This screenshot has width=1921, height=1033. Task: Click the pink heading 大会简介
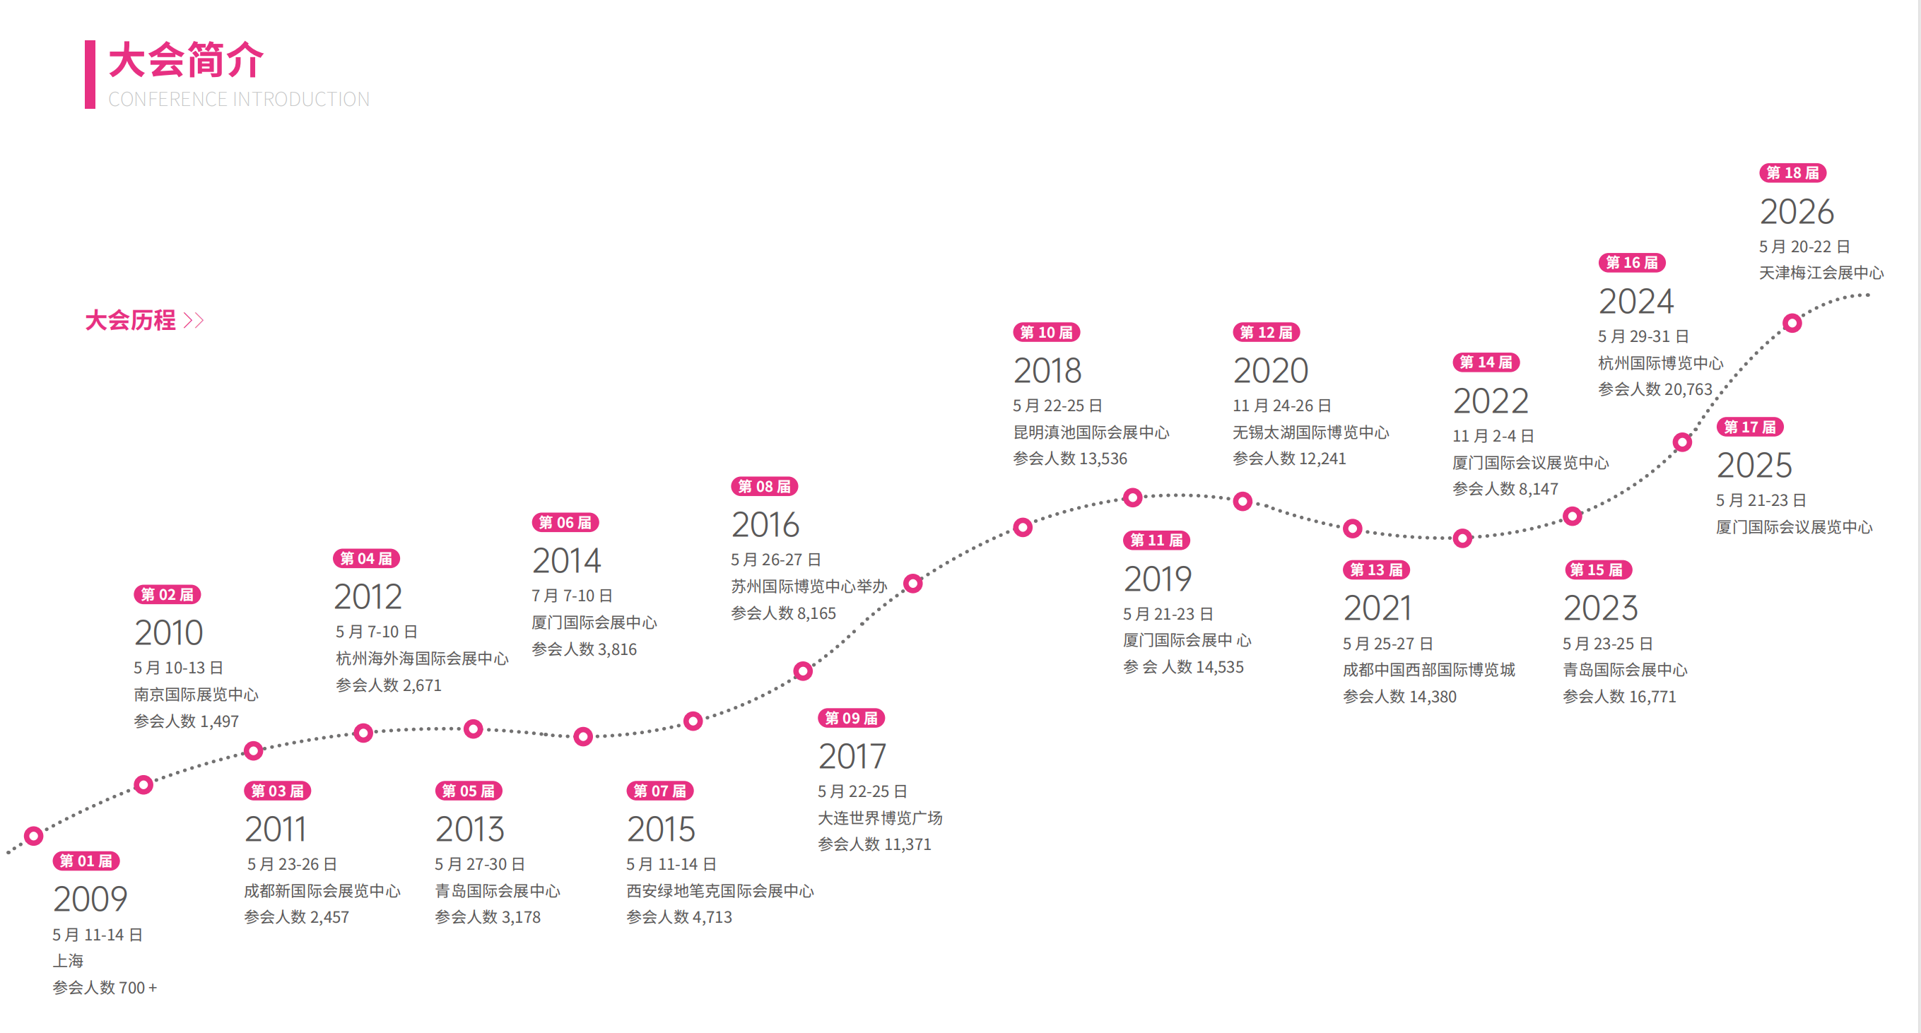point(186,59)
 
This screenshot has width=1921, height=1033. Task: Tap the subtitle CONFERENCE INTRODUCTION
point(239,99)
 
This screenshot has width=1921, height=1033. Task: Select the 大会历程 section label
point(131,321)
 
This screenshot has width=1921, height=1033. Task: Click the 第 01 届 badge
point(86,861)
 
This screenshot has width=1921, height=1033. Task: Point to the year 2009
point(90,899)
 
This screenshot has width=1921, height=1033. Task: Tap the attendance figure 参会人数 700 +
point(105,988)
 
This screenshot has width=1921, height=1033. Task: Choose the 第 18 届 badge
point(1793,173)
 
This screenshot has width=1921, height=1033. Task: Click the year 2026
point(1797,212)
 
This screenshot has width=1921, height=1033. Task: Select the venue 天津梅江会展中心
point(1821,273)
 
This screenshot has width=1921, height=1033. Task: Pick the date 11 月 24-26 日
point(1281,406)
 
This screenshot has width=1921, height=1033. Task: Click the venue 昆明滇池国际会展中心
point(1091,432)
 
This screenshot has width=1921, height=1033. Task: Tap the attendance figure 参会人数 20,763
point(1655,389)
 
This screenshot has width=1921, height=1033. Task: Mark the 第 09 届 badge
point(851,718)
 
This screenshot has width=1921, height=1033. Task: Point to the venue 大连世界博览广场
point(880,817)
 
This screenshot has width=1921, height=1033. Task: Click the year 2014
point(566,560)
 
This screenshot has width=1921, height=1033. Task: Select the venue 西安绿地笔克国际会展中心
point(719,891)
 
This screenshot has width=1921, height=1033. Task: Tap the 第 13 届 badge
point(1376,570)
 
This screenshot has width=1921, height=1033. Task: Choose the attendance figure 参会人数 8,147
point(1505,489)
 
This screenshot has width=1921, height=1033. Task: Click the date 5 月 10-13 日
point(178,668)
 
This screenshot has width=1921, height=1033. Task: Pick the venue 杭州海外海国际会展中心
point(422,658)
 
